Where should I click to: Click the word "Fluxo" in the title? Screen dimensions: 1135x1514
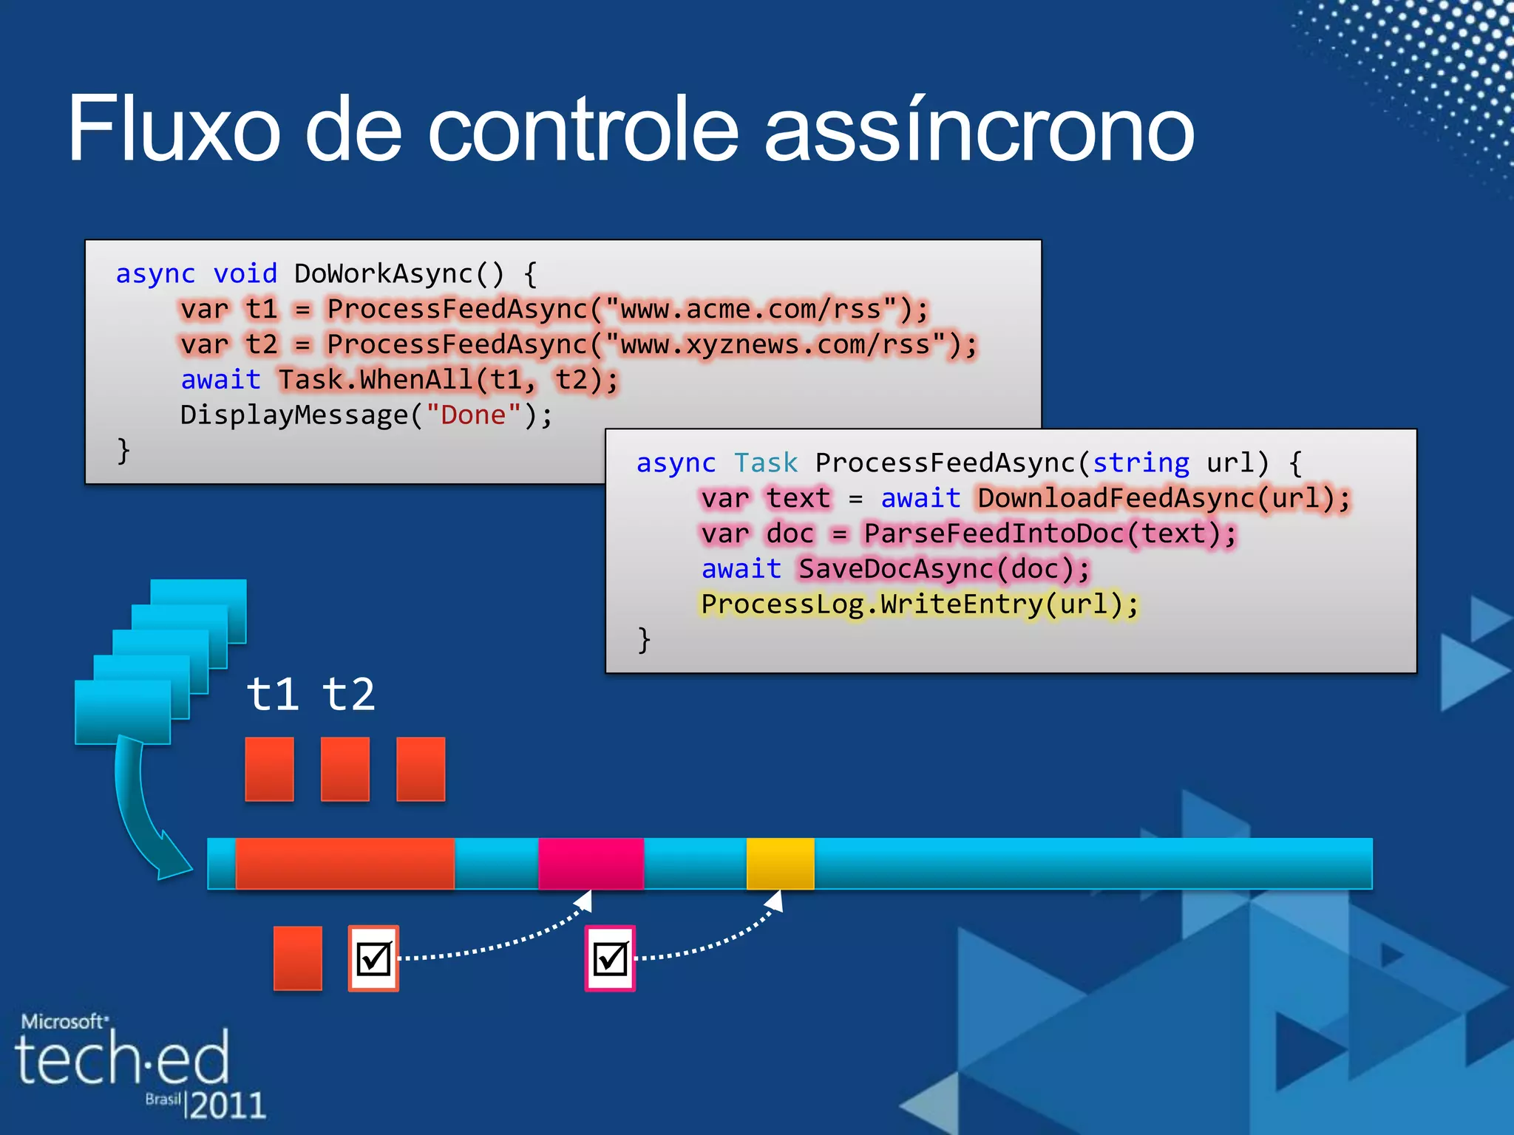[174, 129]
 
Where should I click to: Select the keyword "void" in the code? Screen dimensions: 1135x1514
[245, 274]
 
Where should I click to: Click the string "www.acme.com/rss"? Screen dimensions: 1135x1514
[751, 310]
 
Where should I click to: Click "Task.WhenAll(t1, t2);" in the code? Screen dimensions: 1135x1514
[448, 381]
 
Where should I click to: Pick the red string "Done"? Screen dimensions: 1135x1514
[473, 415]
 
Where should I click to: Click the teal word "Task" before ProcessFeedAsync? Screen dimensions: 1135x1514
[766, 463]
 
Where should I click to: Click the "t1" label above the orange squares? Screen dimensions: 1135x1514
[272, 695]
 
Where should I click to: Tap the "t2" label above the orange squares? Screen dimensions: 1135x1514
[349, 695]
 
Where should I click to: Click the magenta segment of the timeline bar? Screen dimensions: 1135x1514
[591, 863]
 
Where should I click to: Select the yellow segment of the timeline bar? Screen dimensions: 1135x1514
[780, 863]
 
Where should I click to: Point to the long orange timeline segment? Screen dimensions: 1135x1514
[344, 863]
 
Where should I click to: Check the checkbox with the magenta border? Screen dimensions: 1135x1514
[610, 958]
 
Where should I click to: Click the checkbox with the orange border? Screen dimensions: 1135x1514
[373, 958]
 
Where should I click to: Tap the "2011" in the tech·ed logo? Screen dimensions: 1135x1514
[228, 1105]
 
